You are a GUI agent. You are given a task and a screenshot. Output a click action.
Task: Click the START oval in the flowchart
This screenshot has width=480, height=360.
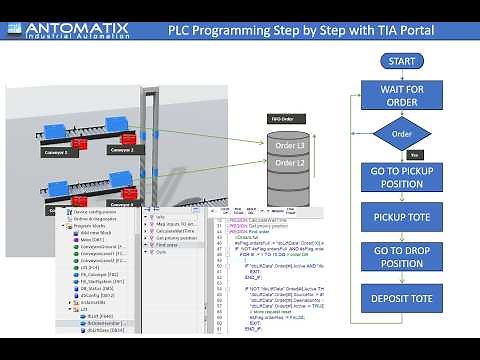400,62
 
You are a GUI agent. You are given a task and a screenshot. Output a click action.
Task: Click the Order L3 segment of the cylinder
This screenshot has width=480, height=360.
289,146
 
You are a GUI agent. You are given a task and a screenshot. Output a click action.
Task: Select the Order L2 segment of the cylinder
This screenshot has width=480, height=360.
289,162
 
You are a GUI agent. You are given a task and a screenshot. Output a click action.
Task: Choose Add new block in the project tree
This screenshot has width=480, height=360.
99,233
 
